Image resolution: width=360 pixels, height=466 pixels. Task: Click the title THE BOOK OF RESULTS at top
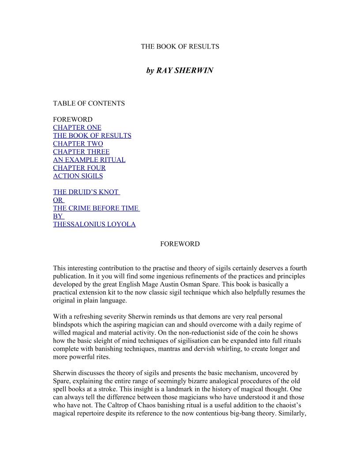pos(180,46)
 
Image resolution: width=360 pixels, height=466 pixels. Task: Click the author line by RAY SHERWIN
pos(180,71)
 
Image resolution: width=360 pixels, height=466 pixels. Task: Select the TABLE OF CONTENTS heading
pos(89,103)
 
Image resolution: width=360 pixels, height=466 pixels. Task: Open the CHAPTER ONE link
pos(77,128)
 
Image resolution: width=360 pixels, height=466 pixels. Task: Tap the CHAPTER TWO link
pos(78,143)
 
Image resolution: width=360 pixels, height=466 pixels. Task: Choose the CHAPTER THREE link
pos(81,152)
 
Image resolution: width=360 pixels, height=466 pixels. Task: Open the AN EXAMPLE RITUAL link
pos(89,160)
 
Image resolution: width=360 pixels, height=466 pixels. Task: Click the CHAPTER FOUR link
pos(79,168)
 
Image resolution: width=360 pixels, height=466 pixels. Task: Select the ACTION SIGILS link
pos(78,176)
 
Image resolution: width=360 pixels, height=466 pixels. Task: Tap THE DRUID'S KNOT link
pos(86,192)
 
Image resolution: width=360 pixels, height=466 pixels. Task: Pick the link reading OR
pos(58,200)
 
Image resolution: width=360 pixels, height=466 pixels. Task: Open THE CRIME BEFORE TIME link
pos(96,208)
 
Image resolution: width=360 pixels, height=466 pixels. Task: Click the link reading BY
pos(58,216)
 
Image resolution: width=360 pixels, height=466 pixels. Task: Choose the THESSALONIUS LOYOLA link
pos(94,224)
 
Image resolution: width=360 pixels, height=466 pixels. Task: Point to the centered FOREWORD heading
pos(180,244)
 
